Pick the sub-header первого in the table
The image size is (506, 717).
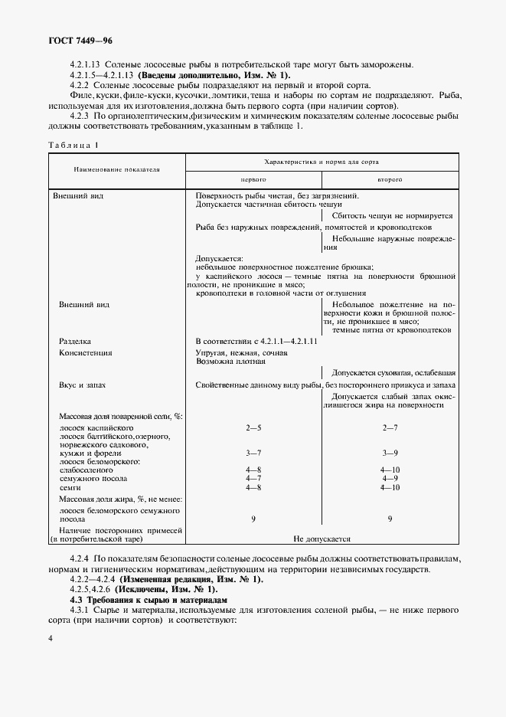pos(253,178)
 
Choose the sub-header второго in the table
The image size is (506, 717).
pos(390,178)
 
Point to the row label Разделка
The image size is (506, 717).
pos(75,340)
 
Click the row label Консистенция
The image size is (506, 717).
pos(86,352)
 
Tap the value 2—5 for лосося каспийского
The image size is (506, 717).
pos(253,427)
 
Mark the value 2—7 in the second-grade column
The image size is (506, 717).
pos(390,427)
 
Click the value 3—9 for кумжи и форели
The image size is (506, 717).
pos(390,453)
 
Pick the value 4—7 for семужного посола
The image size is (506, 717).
pos(253,478)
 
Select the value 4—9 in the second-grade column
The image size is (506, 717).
pos(390,478)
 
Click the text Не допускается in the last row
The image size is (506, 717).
pos(322,539)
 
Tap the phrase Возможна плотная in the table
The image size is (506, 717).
pos(230,361)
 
